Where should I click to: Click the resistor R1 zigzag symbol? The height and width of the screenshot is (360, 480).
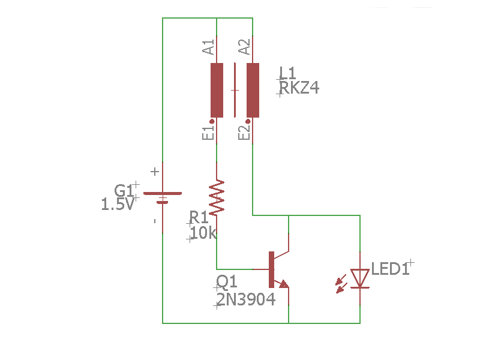point(216,197)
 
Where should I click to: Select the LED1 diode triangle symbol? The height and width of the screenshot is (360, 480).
point(360,278)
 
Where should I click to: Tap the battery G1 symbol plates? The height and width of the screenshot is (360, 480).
point(162,197)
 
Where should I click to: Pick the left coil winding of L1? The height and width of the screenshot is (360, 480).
point(217,90)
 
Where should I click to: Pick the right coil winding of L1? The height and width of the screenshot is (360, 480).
point(253,90)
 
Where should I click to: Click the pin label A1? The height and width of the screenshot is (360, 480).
point(209,47)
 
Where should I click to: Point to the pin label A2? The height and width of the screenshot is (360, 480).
point(245,47)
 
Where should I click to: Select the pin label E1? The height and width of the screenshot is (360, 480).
point(209,133)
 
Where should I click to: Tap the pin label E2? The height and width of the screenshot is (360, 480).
point(245,133)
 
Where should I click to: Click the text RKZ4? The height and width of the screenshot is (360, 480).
point(299,89)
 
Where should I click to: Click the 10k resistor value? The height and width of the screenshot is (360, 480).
point(203,233)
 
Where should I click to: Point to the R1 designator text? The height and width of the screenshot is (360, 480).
point(199,217)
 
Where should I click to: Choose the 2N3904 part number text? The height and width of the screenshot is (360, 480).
point(246,299)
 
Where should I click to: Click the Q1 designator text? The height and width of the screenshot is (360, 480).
point(227,282)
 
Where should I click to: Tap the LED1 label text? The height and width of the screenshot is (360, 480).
point(391,269)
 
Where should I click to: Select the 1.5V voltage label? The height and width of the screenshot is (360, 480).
point(118,205)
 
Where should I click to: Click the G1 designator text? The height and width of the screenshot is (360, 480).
point(124,190)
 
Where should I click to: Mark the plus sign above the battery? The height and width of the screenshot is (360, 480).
point(155,172)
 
